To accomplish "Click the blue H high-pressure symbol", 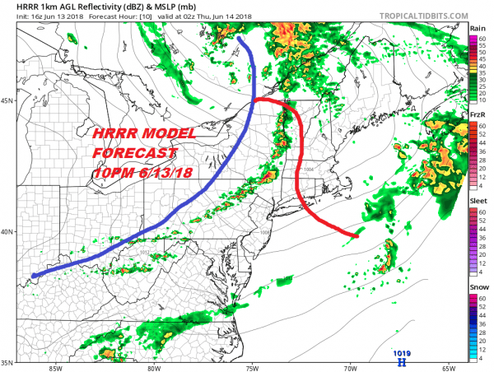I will pyautogui.click(x=402, y=360).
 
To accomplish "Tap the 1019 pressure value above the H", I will pyautogui.click(x=402, y=352).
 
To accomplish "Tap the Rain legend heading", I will pyautogui.click(x=477, y=28).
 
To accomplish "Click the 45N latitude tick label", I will pyautogui.click(x=7, y=101).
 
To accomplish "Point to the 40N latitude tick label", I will pyautogui.click(x=7, y=231).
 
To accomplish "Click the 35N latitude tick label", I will pyautogui.click(x=7, y=361).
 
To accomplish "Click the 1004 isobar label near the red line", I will pyautogui.click(x=309, y=170).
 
